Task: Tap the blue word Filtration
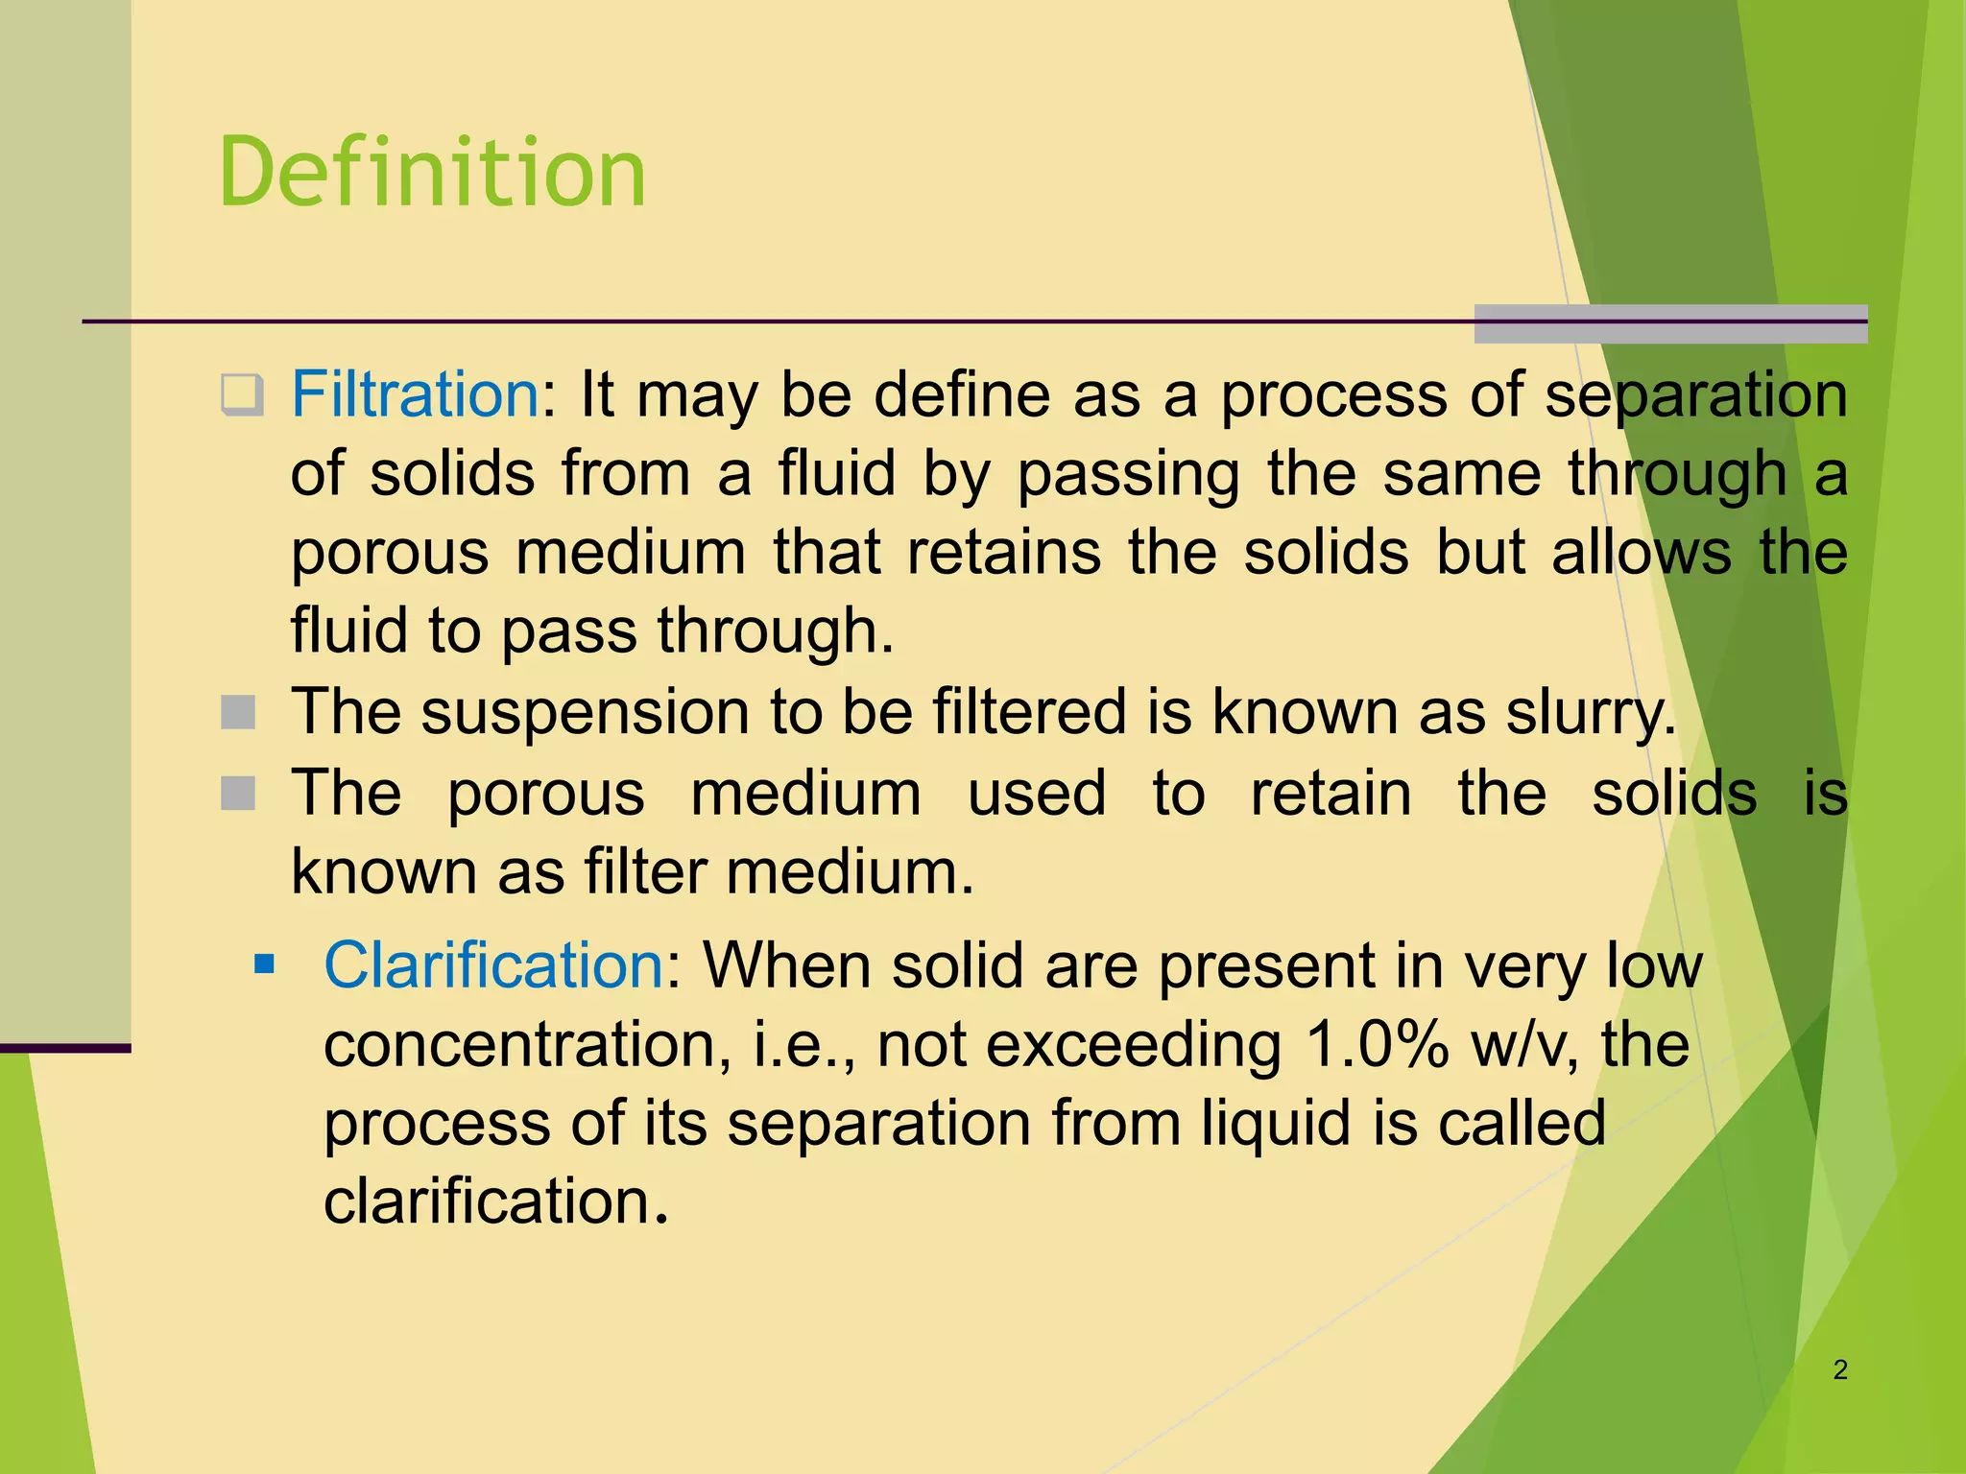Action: [415, 394]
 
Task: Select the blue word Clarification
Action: [493, 964]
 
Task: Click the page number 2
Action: [1840, 1369]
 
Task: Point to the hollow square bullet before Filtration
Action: [241, 394]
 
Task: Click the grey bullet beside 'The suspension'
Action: [238, 713]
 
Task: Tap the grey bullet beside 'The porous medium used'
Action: [238, 794]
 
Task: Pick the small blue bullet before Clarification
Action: [264, 963]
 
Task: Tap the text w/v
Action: [1524, 1044]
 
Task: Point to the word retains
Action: [1003, 553]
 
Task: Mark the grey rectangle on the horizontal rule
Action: [1670, 323]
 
